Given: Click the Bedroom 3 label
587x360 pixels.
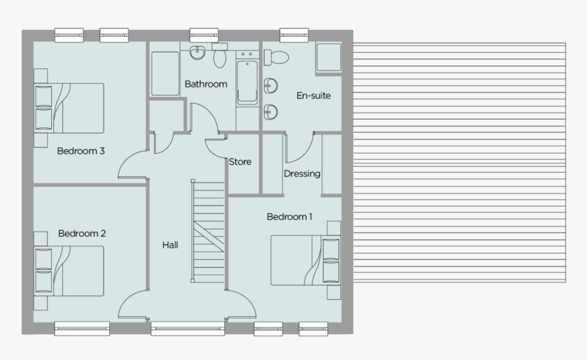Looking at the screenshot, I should [x=81, y=151].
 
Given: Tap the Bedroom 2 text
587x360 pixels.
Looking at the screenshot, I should [x=81, y=234].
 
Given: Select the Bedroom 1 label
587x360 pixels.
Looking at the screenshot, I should [x=289, y=217].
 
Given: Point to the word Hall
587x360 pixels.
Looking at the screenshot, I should [x=170, y=245].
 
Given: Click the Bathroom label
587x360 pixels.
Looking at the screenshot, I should [x=205, y=84].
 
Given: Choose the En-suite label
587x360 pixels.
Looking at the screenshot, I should [x=313, y=96].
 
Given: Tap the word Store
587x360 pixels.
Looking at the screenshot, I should [x=240, y=162].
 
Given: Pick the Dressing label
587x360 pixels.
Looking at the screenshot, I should [x=302, y=174].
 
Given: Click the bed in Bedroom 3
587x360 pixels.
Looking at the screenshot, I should [x=71, y=107].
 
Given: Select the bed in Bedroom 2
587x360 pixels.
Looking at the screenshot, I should [x=71, y=271].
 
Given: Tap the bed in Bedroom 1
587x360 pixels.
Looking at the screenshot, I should [x=303, y=260].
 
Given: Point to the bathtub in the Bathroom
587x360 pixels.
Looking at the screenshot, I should [x=246, y=83].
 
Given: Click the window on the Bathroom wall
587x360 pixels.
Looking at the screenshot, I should [x=203, y=33].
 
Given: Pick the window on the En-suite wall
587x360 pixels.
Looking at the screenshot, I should [x=293, y=33].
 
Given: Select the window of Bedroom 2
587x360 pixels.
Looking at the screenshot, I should [x=82, y=328].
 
